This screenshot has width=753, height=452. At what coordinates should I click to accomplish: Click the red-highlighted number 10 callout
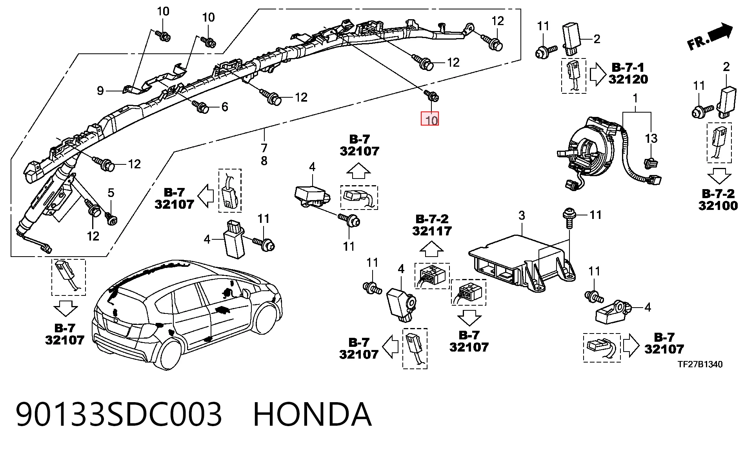(x=430, y=119)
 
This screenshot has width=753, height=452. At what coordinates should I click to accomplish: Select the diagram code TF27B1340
(x=700, y=364)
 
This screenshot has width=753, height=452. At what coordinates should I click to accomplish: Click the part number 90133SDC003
(x=119, y=414)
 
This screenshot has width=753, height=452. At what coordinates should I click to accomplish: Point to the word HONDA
(x=312, y=414)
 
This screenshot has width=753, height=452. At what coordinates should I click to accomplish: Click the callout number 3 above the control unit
(x=522, y=215)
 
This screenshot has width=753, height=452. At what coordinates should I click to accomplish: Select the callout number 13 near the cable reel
(x=651, y=139)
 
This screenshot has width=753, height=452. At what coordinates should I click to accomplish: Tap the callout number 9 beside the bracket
(x=100, y=91)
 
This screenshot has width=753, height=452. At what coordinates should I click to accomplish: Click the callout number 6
(x=225, y=107)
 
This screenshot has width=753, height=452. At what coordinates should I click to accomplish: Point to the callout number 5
(x=111, y=193)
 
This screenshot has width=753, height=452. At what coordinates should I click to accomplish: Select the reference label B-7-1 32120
(x=628, y=73)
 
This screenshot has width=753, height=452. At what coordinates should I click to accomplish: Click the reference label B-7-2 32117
(x=432, y=225)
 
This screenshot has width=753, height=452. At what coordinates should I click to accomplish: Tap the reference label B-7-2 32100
(x=718, y=200)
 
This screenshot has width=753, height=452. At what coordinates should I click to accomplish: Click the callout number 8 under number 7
(x=264, y=161)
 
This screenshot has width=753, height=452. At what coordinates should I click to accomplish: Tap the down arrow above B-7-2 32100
(x=719, y=176)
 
